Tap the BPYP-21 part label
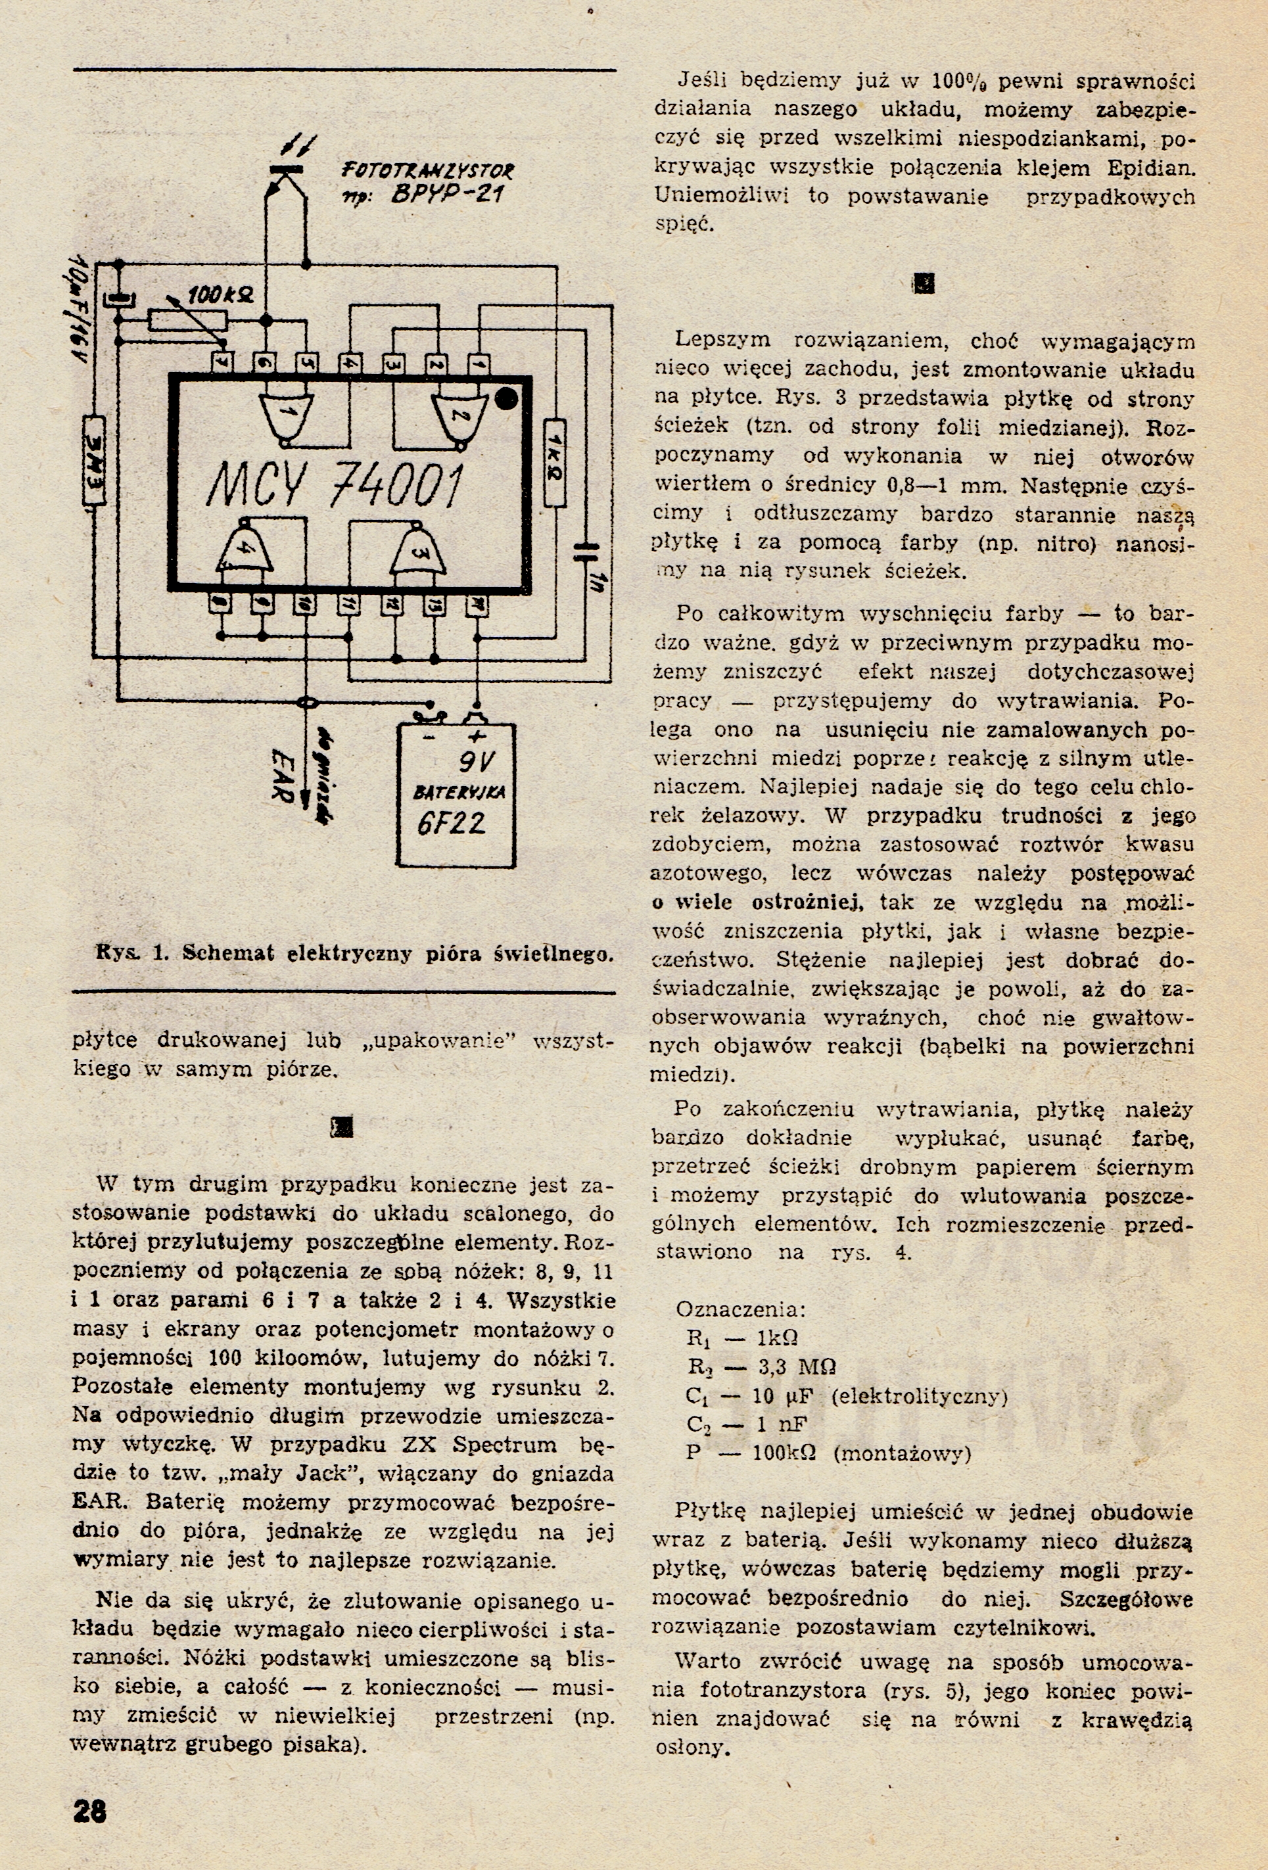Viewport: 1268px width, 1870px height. [x=448, y=195]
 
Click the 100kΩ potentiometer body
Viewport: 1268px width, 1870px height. [x=188, y=320]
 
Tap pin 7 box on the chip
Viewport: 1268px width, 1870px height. [x=222, y=362]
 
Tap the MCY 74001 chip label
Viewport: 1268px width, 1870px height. [x=335, y=488]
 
